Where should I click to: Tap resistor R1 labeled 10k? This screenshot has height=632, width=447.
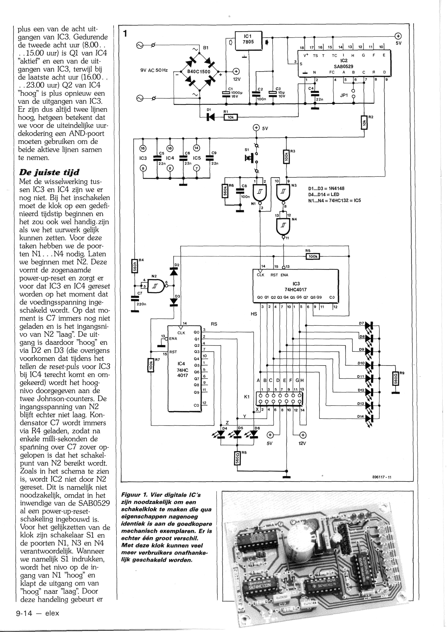click(x=230, y=118)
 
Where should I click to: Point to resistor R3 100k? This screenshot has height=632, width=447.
click(x=286, y=157)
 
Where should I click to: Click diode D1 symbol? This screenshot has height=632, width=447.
click(x=211, y=118)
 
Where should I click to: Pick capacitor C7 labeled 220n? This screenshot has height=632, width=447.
click(x=135, y=299)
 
